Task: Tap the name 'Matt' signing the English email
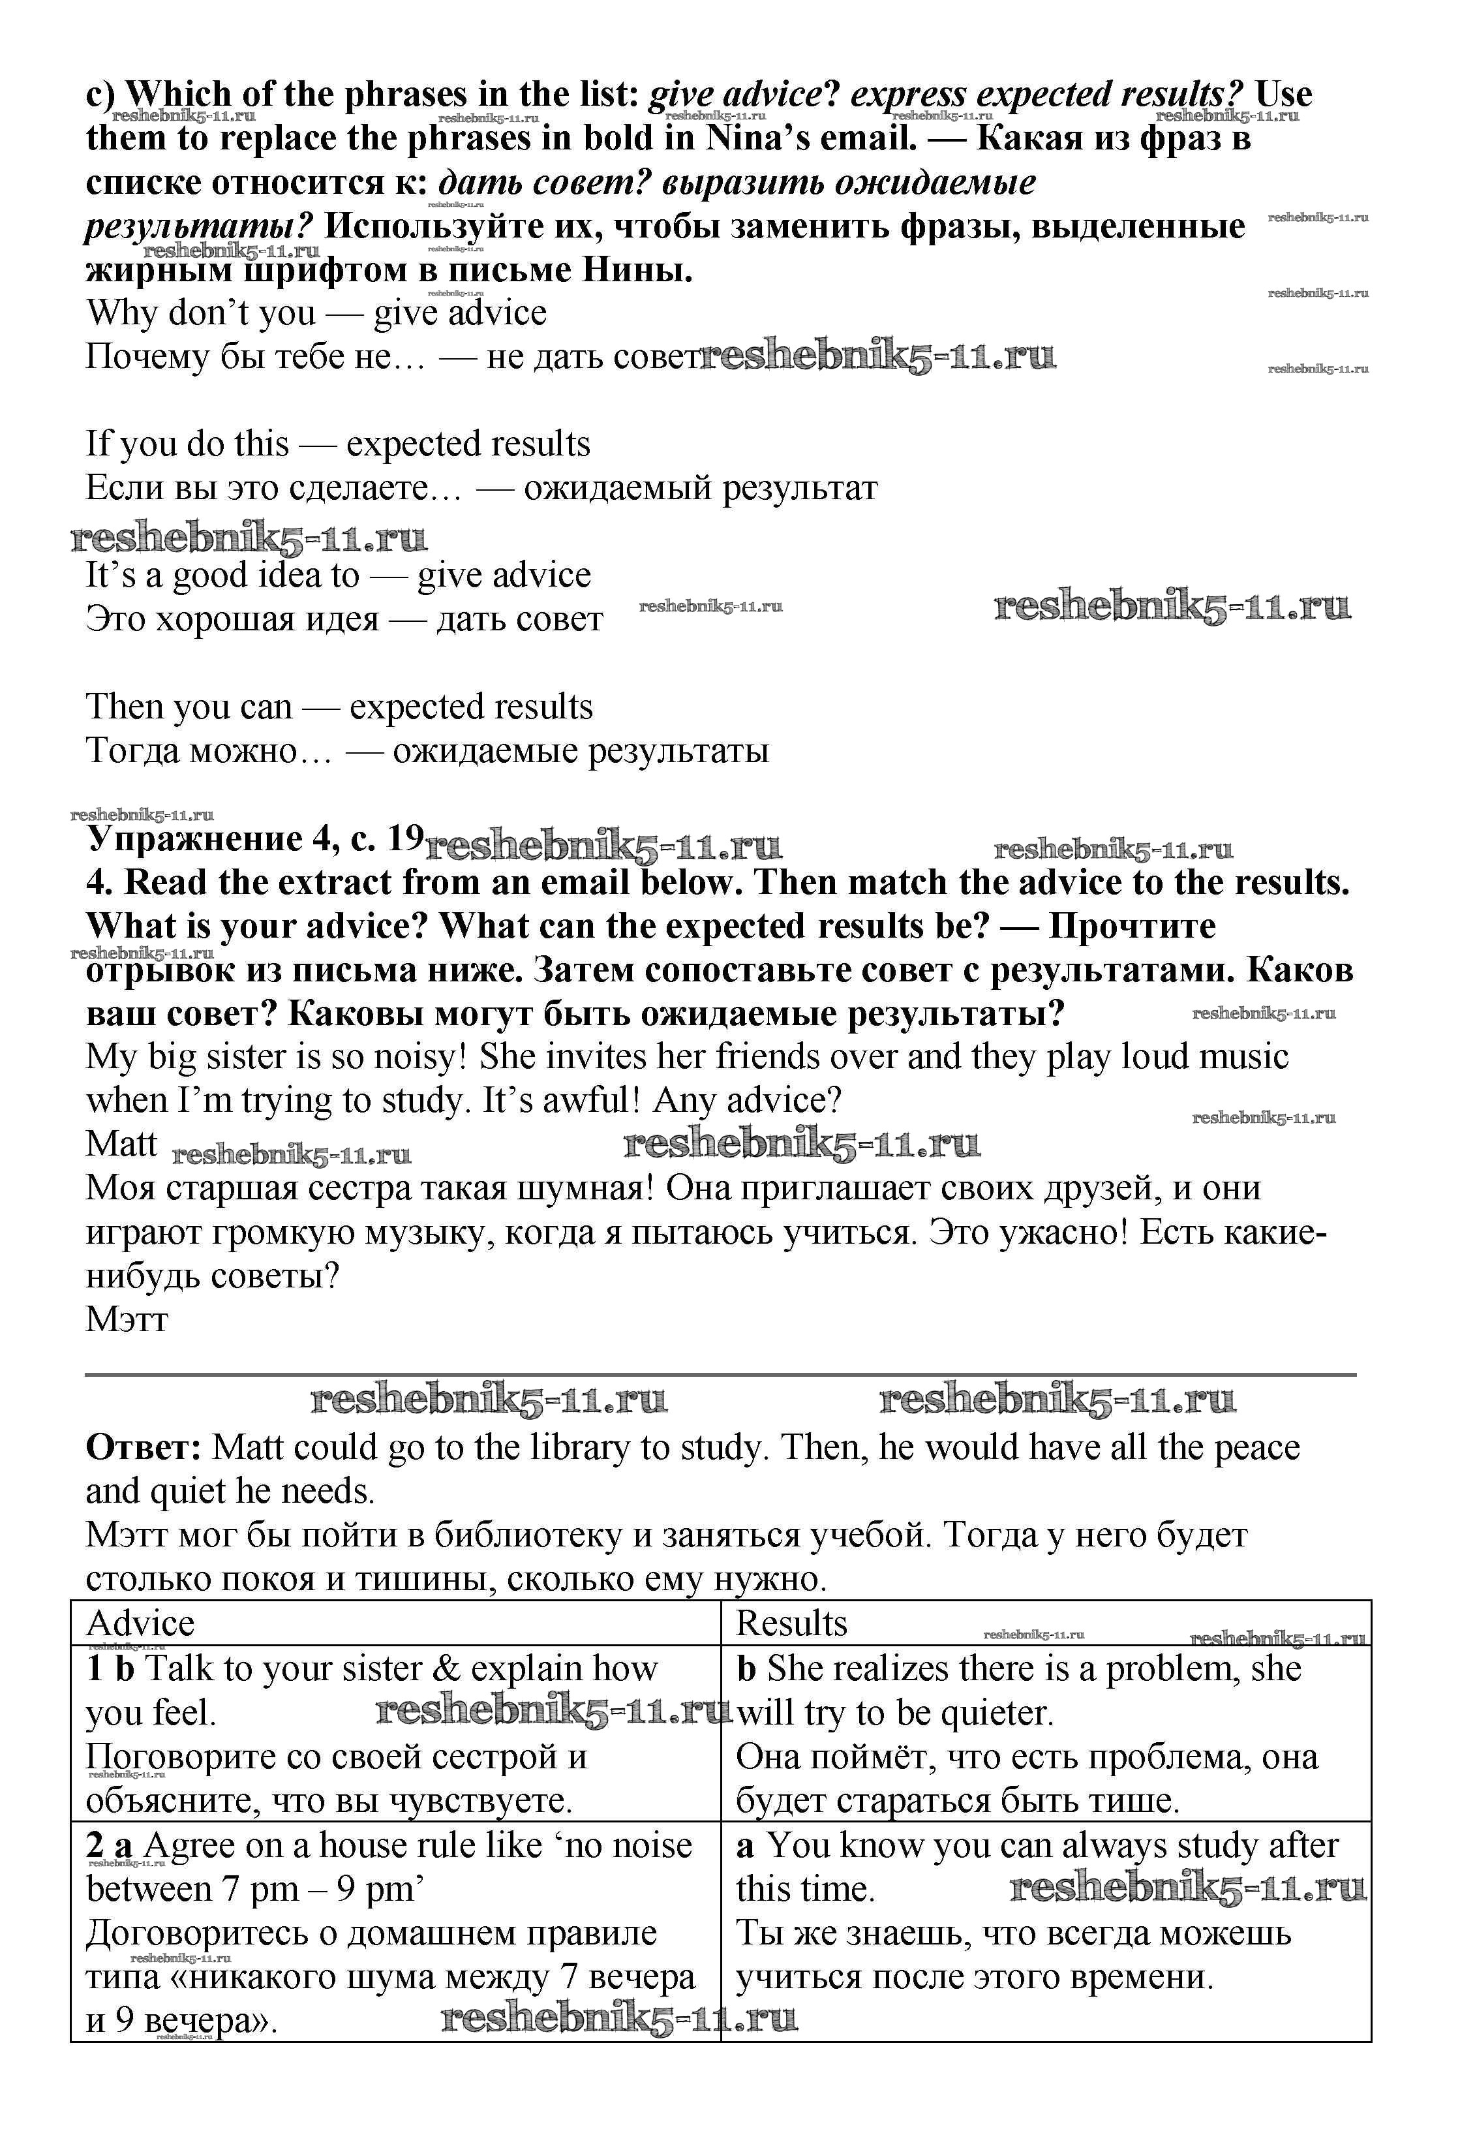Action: click(121, 1143)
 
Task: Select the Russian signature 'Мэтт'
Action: click(127, 1318)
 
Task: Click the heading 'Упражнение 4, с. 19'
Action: click(254, 838)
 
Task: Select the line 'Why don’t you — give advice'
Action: click(316, 313)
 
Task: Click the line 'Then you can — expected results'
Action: click(339, 707)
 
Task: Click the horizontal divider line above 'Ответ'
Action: click(720, 1375)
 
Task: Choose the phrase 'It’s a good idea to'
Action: click(222, 576)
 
